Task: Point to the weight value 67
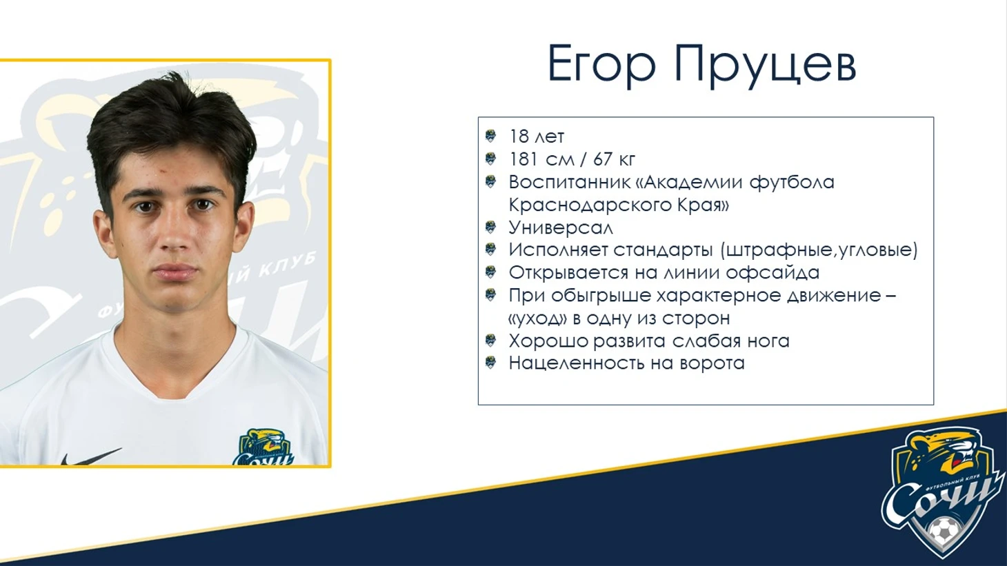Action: [x=603, y=159]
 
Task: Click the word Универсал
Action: [x=561, y=228]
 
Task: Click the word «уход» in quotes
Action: [x=538, y=319]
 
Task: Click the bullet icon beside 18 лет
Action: [x=490, y=136]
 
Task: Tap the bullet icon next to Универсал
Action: [x=490, y=227]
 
